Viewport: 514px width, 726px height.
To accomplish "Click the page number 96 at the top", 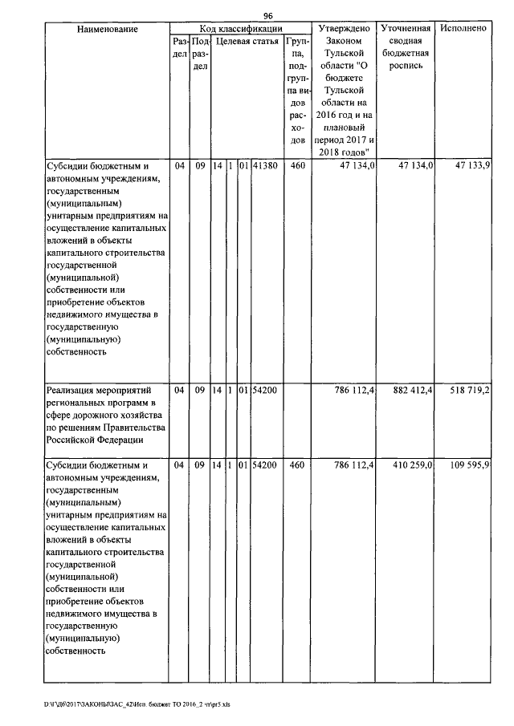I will coord(268,15).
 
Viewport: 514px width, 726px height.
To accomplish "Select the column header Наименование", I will coord(108,29).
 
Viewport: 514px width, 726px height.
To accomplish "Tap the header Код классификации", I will coord(239,28).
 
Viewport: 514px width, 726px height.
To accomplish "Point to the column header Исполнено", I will coord(463,29).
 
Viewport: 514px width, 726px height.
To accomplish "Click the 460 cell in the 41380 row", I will coord(296,164).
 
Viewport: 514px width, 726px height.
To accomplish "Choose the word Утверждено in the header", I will coord(344,29).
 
